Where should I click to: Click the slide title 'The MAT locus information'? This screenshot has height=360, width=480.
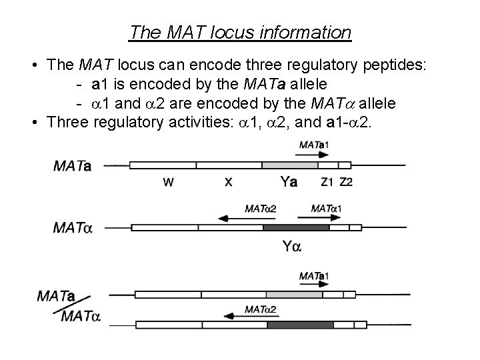pos(240,31)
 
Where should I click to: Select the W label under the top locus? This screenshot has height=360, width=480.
pos(169,181)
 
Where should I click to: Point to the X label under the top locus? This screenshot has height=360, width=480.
pos(228,181)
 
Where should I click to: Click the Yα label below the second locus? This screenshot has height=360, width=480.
pos(291,247)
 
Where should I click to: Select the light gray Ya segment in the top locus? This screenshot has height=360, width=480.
pos(289,165)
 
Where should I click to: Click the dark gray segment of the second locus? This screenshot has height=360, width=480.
pos(296,227)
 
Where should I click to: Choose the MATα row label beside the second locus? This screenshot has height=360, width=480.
pos(72,228)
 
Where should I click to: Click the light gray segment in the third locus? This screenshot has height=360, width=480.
pos(294,293)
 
